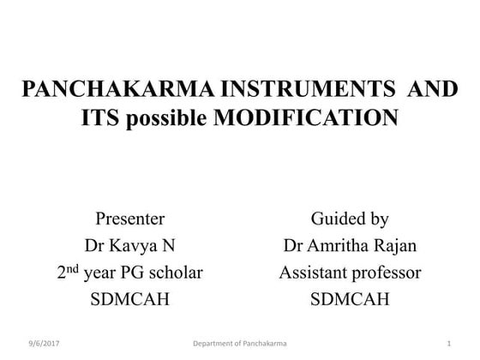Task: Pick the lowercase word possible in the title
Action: (167, 118)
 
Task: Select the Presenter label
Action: (129, 218)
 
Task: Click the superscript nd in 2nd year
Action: (73, 268)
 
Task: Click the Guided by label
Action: (350, 218)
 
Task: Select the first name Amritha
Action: (341, 245)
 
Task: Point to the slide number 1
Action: (448, 345)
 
